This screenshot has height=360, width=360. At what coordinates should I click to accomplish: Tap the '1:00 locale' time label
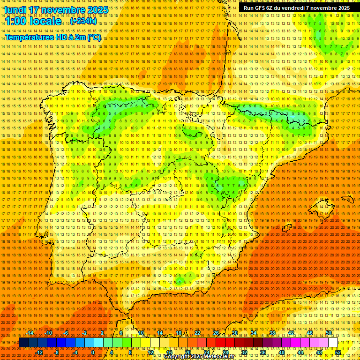coord(33,21)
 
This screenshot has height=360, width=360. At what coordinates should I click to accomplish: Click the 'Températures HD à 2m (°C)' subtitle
coord(53,37)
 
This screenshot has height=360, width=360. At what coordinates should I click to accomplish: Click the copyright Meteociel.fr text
coord(205,357)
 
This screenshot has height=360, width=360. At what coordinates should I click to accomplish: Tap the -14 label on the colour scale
coord(30,333)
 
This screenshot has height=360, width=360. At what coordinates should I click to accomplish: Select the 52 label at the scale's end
coord(338,352)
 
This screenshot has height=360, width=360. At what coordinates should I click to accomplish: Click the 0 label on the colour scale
coord(93,352)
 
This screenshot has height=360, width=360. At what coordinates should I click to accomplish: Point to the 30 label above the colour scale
coord(235,333)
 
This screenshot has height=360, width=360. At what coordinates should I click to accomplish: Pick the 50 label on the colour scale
coord(329,333)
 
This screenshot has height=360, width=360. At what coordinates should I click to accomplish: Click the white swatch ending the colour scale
coord(333,343)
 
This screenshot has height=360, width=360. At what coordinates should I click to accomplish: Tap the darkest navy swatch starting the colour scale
coord(23,343)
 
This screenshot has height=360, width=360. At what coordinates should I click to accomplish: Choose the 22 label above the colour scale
coord(197,333)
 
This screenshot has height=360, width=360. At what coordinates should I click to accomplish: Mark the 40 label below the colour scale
coord(282,352)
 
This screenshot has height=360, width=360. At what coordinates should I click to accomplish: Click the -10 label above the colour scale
coord(48,333)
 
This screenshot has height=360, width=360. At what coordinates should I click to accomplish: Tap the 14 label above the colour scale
coord(160,333)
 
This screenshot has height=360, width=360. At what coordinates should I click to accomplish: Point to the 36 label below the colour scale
coord(263,352)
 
